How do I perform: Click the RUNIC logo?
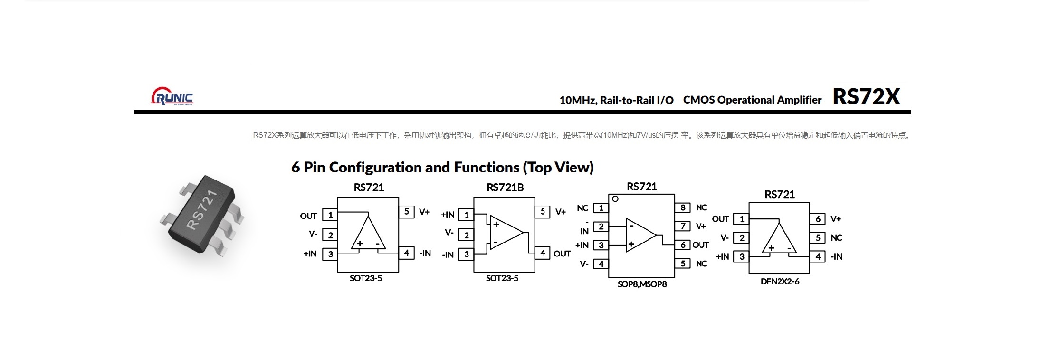point(172,96)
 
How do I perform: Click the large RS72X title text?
point(866,97)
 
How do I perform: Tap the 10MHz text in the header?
point(577,100)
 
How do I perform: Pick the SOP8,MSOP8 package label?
point(642,284)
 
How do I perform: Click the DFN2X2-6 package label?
point(780,281)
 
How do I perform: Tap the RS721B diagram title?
point(505,188)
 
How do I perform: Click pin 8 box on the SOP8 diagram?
point(682,208)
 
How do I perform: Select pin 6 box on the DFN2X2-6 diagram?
point(818,219)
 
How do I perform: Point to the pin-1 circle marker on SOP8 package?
point(615,199)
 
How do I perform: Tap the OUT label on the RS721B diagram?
point(562,254)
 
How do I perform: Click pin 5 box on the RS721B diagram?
point(543,212)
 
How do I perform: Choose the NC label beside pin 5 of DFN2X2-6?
point(836,238)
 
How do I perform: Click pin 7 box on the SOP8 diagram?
point(682,226)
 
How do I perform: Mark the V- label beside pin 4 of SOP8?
point(584,264)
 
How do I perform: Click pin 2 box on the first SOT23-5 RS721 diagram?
point(330,235)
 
